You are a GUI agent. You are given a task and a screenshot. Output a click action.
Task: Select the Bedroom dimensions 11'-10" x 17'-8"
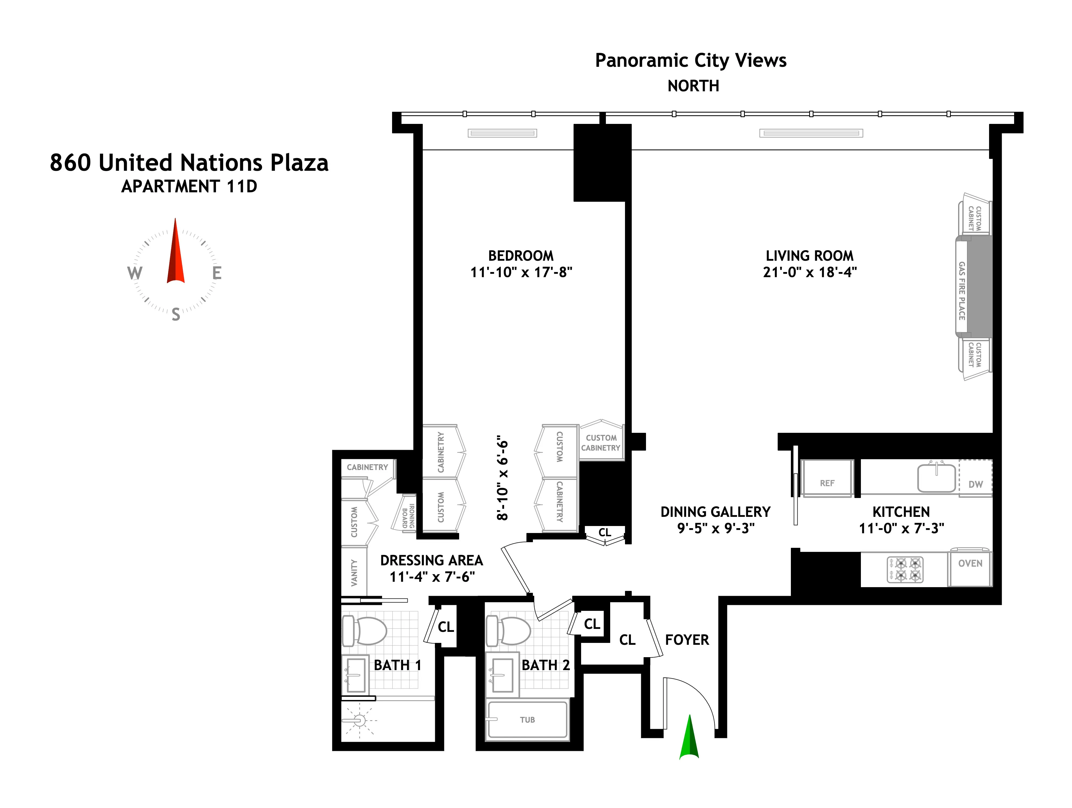[x=521, y=272]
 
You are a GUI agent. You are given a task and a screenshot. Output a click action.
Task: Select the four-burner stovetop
[x=905, y=570]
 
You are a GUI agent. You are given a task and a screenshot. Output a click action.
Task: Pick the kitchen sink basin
[x=936, y=478]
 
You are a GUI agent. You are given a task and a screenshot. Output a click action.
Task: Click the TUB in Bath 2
[x=527, y=720]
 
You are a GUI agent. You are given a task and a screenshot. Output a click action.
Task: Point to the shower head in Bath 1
[x=359, y=721]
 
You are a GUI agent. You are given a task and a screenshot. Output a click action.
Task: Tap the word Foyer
[x=687, y=640]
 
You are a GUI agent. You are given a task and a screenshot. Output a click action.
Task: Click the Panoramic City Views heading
[x=691, y=61]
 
